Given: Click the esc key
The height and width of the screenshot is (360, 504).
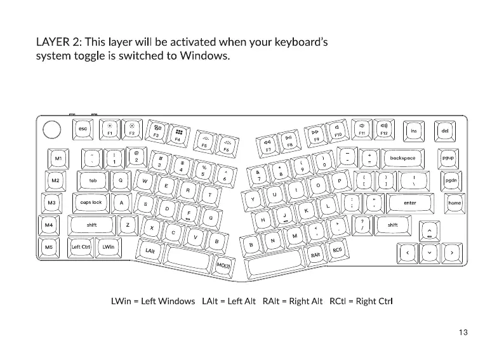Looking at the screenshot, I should tap(83, 130).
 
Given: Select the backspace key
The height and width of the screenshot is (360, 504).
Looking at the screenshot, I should tap(402, 158).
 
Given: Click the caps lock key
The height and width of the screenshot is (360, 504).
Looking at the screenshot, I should tap(91, 203).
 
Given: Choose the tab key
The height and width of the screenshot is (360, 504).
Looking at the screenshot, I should tap(93, 180).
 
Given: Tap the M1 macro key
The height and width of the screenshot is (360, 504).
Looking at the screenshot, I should tap(58, 158).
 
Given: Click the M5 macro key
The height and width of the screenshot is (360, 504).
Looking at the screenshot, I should tap(49, 247).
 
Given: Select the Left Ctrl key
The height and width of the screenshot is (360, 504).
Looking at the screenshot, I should tap(81, 247).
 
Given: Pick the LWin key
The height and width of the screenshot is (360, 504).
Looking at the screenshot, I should tap(109, 247).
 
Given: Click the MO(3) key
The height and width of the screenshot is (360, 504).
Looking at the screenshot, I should tap(224, 266).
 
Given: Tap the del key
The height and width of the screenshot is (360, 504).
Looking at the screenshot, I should tap(444, 131).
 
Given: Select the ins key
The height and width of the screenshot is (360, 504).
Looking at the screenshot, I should tap(414, 131).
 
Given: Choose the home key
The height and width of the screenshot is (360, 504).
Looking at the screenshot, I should tap(454, 203).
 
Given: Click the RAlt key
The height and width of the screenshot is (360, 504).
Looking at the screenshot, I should tap(315, 254).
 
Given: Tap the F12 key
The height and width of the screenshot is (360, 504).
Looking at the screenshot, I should tap(384, 130).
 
